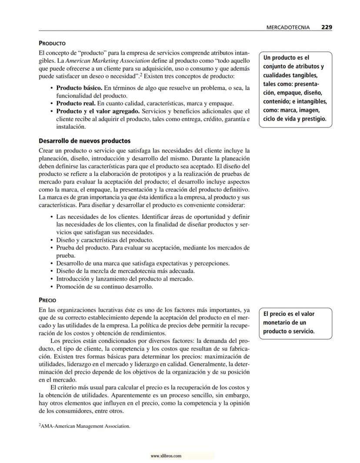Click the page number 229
[x=327, y=27]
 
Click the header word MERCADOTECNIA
[x=288, y=27]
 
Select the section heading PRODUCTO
[x=52, y=44]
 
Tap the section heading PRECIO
[x=47, y=300]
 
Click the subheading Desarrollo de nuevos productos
[x=84, y=141]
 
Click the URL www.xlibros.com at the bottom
[x=166, y=456]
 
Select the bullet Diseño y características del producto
[x=104, y=240]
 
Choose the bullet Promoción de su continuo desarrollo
[x=104, y=287]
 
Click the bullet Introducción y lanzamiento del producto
[x=125, y=279]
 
